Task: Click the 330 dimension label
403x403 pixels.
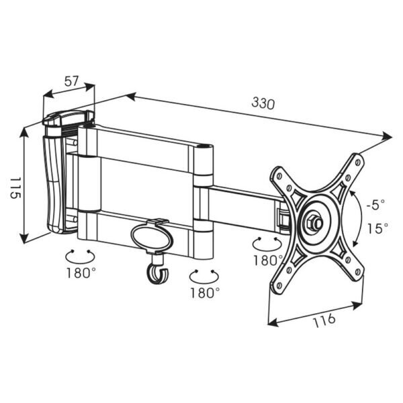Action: pos(263,103)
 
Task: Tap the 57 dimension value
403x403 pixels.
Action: pos(71,81)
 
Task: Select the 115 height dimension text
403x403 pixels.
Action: pos(15,187)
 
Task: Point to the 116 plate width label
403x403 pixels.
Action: pos(324,320)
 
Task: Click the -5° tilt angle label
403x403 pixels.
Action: pos(375,205)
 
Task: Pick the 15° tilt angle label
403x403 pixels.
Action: pos(377,228)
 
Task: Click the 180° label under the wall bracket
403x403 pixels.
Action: pos(81,273)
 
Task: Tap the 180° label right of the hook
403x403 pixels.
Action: pos(205,292)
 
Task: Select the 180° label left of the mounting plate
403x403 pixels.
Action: pos(268,260)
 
